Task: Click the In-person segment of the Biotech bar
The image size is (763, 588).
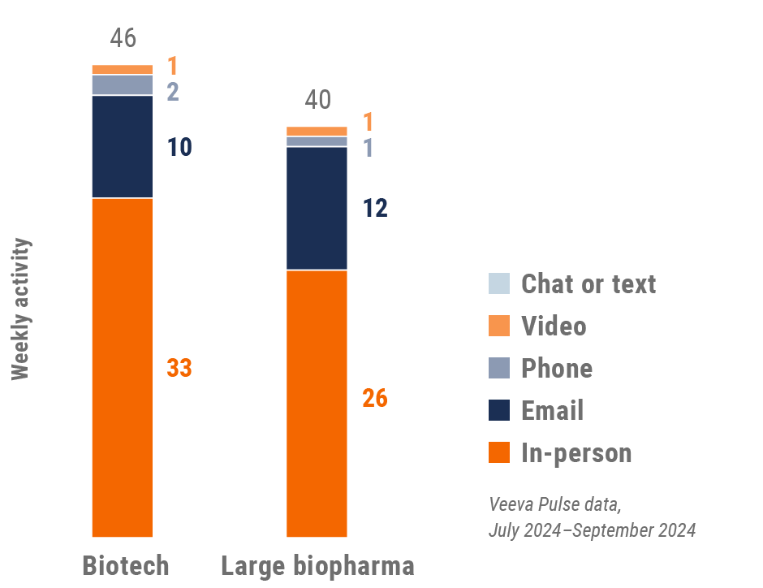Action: (x=123, y=367)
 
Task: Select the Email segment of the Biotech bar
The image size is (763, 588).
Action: (x=123, y=146)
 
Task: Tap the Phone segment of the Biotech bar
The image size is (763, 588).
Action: (x=123, y=84)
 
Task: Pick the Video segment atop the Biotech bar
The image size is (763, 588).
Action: (x=123, y=69)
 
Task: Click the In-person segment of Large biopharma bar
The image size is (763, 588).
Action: (x=317, y=403)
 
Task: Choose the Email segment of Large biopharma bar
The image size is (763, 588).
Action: (x=317, y=208)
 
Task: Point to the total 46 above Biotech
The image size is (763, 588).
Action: (x=123, y=38)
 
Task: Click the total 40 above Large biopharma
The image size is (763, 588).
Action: (x=318, y=100)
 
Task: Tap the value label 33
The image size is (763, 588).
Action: (x=179, y=368)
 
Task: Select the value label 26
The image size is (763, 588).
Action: (x=374, y=399)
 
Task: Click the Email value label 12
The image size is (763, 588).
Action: (x=374, y=209)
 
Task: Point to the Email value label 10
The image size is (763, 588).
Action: (x=179, y=148)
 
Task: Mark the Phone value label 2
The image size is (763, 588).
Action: (x=173, y=92)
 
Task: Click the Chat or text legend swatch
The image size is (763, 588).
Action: (x=499, y=283)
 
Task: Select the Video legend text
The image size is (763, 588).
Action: (x=554, y=326)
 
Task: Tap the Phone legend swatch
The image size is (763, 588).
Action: (x=499, y=368)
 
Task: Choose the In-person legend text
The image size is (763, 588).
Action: (x=576, y=452)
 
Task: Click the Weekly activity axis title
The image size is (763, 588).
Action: (x=21, y=309)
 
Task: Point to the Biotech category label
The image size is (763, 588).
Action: (x=126, y=565)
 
